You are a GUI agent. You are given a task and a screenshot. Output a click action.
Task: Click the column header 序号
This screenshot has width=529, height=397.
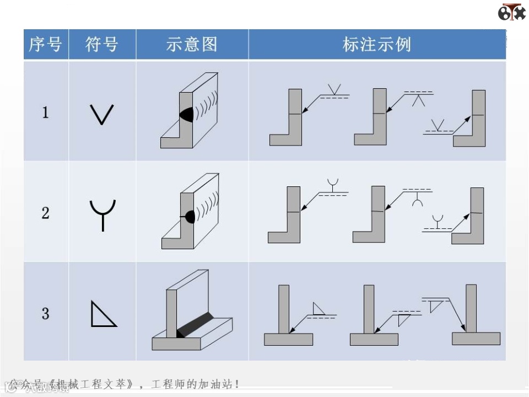(45, 45)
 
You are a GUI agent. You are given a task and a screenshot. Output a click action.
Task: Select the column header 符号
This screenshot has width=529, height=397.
(102, 45)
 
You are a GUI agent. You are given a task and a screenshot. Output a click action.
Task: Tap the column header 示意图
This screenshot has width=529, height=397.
(192, 45)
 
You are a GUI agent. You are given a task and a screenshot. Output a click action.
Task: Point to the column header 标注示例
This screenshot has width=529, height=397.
(377, 45)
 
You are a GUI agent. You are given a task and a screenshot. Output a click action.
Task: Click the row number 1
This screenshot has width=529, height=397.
(45, 113)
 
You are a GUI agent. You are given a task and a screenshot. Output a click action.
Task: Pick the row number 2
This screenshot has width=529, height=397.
(45, 213)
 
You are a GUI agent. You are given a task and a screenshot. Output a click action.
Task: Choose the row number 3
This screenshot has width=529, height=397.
(45, 314)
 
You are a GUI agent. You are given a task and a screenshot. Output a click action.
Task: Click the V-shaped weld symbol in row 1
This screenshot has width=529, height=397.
(101, 114)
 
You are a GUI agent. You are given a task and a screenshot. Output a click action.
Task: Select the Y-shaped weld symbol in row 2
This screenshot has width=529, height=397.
(102, 214)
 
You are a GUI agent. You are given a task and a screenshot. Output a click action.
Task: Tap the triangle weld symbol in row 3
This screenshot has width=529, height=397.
(102, 314)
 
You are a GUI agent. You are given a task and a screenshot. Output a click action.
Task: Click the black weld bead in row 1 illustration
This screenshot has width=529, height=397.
(187, 114)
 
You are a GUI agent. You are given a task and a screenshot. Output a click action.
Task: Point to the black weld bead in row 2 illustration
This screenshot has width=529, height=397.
(190, 216)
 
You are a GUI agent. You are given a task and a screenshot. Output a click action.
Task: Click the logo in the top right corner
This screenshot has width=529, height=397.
(511, 12)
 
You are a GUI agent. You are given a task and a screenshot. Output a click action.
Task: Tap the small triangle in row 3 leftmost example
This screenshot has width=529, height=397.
(319, 308)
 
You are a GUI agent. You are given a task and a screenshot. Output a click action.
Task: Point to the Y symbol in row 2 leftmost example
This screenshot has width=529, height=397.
(332, 183)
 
